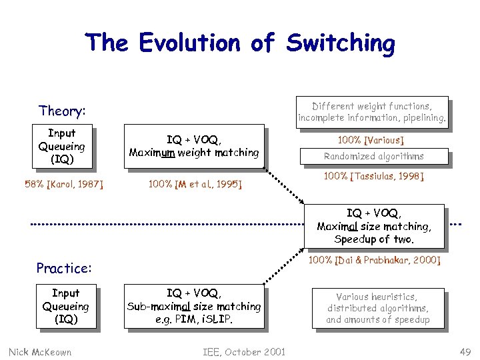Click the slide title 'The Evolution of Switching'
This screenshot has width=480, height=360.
pos(239,43)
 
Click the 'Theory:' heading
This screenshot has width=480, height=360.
pos(63,111)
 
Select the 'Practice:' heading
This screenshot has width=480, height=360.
pos(64,268)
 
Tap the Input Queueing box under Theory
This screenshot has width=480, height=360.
pos(61,147)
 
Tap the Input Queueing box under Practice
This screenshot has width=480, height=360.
pos(65,307)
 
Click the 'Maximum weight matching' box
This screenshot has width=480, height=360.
pos(194,146)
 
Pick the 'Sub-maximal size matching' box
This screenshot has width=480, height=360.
pos(194,307)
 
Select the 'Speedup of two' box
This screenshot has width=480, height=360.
pos(374,227)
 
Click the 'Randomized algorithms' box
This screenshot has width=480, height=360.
pos(373,157)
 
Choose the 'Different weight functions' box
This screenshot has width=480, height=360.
pos(372,112)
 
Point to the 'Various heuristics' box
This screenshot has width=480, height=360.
pos(377,308)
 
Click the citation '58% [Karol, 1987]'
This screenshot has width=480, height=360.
pos(63,183)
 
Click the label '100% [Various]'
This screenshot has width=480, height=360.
pos(371,140)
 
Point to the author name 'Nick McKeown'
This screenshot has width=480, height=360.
pos(41,351)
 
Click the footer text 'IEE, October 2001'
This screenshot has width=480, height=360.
pos(244,351)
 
